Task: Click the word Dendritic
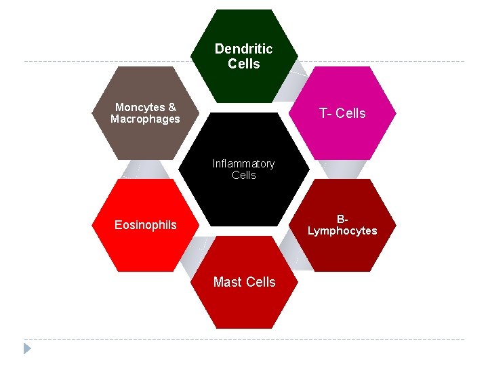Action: pyautogui.click(x=243, y=49)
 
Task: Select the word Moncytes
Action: pyautogui.click(x=140, y=107)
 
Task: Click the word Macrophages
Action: pyautogui.click(x=145, y=119)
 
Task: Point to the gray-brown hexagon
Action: pyautogui.click(x=145, y=139)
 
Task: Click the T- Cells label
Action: pyautogui.click(x=342, y=113)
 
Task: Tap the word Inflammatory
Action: pyautogui.click(x=243, y=163)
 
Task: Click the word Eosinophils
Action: pyautogui.click(x=145, y=225)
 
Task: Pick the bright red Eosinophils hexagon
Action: pyautogui.click(x=145, y=251)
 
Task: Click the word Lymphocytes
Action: pyautogui.click(x=342, y=231)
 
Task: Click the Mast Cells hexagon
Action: pyautogui.click(x=244, y=305)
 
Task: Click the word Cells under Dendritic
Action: pyautogui.click(x=244, y=64)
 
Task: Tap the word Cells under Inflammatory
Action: pyautogui.click(x=244, y=176)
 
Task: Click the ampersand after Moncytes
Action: pyautogui.click(x=172, y=107)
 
